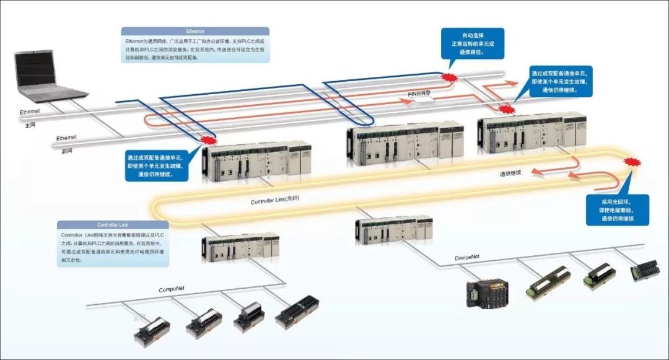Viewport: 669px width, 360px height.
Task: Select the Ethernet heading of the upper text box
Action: click(x=195, y=30)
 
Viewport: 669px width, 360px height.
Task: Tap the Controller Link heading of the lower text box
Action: click(x=112, y=224)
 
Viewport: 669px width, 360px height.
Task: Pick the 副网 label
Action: click(x=64, y=149)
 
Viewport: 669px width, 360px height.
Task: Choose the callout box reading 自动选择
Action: click(x=473, y=43)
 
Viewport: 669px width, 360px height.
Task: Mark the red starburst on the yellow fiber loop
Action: click(x=632, y=163)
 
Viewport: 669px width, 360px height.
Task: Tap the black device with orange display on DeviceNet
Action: click(x=487, y=292)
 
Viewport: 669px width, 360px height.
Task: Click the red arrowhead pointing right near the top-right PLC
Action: click(x=512, y=82)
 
